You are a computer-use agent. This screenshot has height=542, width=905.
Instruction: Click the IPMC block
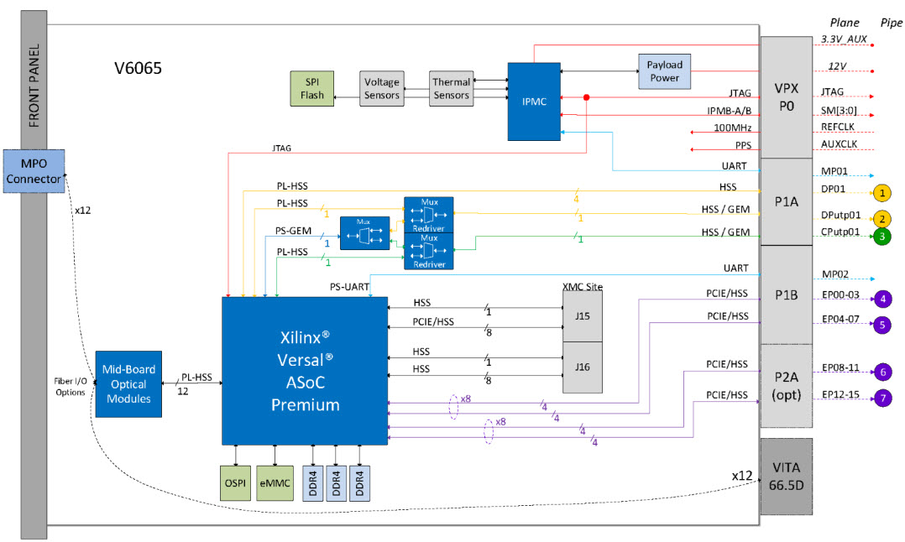click(533, 101)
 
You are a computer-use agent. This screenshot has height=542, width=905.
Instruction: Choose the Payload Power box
click(664, 71)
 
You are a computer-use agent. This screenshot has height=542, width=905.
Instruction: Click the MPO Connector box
click(34, 171)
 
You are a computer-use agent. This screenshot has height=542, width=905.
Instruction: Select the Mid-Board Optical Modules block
click(126, 383)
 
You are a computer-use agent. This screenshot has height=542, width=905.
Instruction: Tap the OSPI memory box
click(234, 483)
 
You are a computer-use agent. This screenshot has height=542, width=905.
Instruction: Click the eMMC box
click(275, 483)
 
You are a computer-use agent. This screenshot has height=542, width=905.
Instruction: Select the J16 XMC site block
click(582, 367)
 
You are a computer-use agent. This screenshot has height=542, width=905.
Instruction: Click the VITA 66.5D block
click(787, 476)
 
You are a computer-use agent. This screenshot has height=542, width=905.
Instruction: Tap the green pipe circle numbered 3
click(881, 237)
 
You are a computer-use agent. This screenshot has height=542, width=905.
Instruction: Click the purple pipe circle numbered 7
click(881, 398)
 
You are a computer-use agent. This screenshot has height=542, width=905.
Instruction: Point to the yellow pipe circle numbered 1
click(881, 192)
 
